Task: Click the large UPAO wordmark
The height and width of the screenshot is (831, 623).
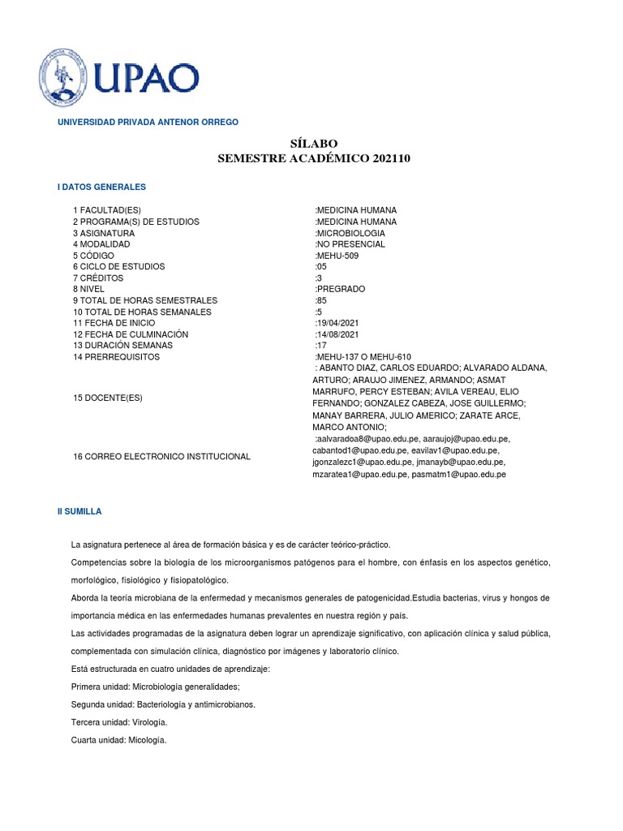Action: point(147,80)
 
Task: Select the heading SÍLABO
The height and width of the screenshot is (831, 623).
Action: point(314,144)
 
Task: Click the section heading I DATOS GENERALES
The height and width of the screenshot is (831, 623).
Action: point(101,187)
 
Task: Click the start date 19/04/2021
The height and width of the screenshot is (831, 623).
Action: point(337,323)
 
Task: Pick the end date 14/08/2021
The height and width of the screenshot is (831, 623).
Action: point(337,334)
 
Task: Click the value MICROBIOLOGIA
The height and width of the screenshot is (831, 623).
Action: point(350,233)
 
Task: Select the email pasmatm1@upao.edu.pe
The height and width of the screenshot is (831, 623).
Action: point(458,474)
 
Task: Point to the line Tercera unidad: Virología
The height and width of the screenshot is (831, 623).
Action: point(120,722)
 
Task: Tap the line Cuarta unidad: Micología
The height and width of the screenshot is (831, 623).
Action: point(118,739)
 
